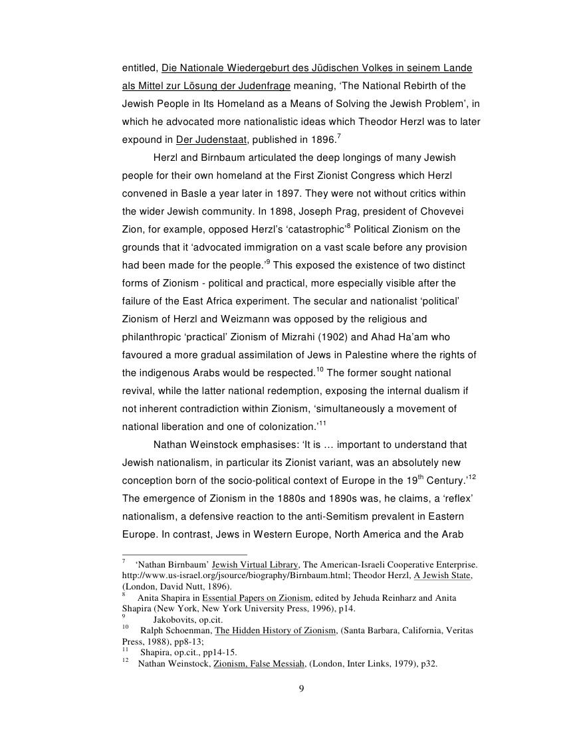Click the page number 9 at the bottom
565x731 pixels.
click(x=301, y=687)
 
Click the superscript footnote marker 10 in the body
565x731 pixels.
click(x=320, y=369)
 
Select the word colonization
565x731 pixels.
click(x=286, y=427)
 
